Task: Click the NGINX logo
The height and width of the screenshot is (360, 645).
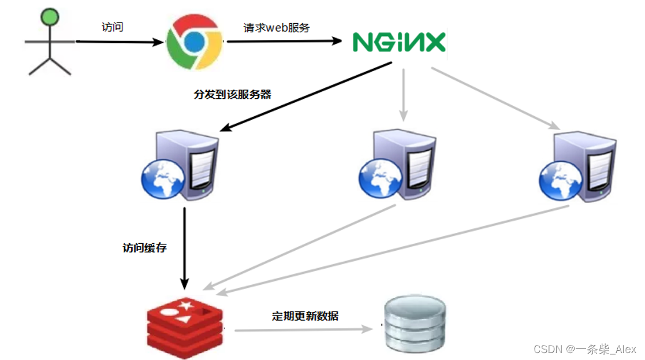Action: (399, 42)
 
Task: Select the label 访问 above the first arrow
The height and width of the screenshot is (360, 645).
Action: (112, 28)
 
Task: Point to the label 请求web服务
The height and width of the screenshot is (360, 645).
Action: (277, 27)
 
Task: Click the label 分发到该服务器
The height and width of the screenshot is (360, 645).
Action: (233, 94)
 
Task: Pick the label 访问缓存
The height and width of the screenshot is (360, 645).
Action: (144, 248)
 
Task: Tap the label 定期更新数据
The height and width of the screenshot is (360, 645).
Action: (305, 316)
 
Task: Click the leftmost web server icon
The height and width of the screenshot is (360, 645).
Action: (181, 168)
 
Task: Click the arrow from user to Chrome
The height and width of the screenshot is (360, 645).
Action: (118, 42)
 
